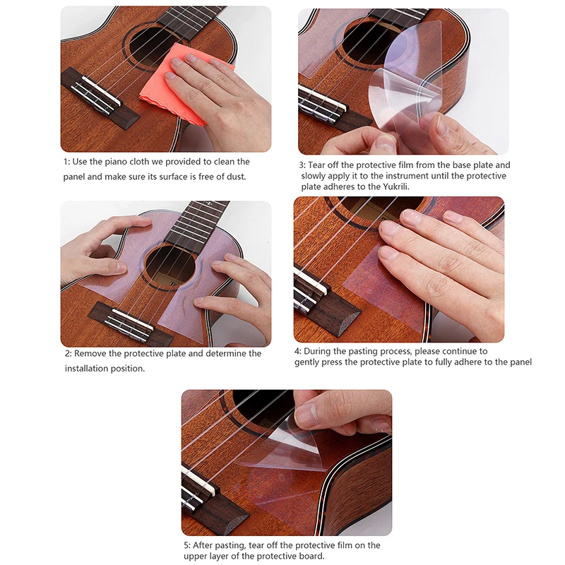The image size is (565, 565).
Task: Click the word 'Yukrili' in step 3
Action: coord(395,186)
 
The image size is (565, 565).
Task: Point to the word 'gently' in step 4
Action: coord(307,362)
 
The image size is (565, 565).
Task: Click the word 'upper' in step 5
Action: coord(196,557)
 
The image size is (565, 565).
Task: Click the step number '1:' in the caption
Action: coord(66,162)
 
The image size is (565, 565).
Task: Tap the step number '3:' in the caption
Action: coord(302,165)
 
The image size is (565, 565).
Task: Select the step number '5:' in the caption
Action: coord(186,545)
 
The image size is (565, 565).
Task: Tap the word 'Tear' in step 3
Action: coord(316,165)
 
